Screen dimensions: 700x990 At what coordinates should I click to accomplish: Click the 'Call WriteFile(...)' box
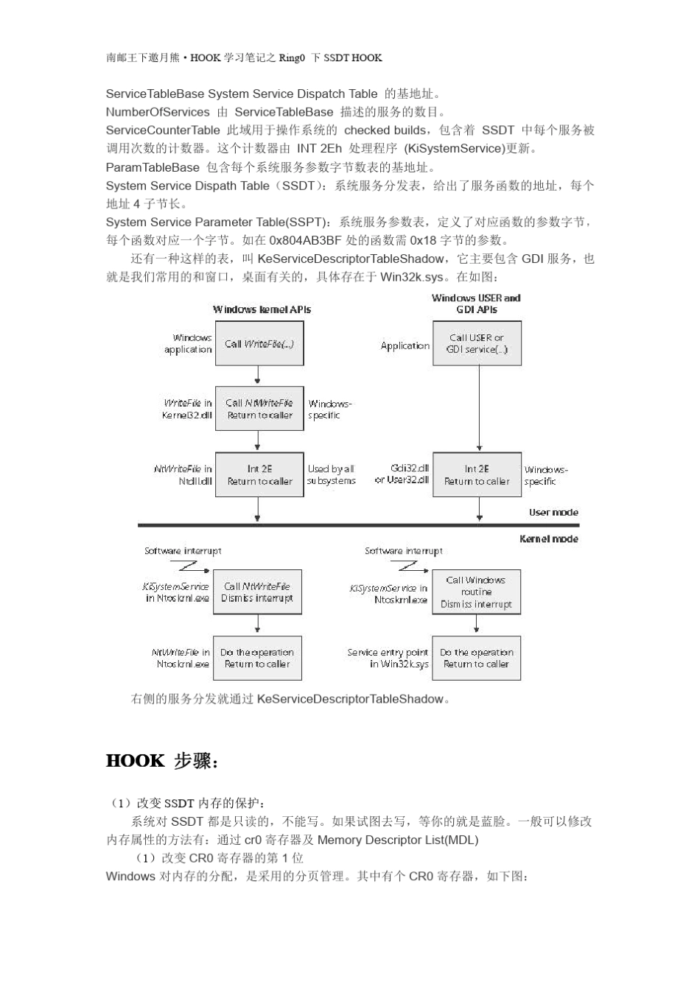(259, 344)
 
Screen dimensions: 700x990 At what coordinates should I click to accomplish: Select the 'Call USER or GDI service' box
(477, 343)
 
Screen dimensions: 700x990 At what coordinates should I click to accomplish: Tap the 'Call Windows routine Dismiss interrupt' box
(476, 592)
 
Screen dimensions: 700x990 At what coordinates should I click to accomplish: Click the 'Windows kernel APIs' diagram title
(262, 309)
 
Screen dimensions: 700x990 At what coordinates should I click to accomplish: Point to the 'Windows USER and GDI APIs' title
(476, 303)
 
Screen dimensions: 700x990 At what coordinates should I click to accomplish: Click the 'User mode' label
(553, 512)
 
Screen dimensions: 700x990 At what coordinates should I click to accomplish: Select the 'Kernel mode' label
(549, 538)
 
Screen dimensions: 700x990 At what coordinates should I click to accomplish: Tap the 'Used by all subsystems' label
(331, 474)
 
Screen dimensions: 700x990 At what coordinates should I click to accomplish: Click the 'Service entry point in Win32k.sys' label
(388, 658)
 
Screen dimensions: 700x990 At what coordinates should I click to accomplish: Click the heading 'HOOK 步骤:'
(162, 761)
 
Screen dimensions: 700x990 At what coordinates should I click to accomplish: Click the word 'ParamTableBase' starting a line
(153, 167)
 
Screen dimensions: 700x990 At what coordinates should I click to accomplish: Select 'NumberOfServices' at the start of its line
(158, 112)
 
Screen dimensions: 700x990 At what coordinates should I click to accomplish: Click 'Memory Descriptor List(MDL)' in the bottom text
(398, 840)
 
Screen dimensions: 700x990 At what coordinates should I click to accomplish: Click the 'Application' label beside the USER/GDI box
(405, 345)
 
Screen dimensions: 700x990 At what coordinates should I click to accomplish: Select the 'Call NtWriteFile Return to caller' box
(259, 409)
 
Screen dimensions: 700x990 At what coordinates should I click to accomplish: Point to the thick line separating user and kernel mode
(358, 525)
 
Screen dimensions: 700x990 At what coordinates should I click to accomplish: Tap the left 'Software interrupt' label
(183, 550)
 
